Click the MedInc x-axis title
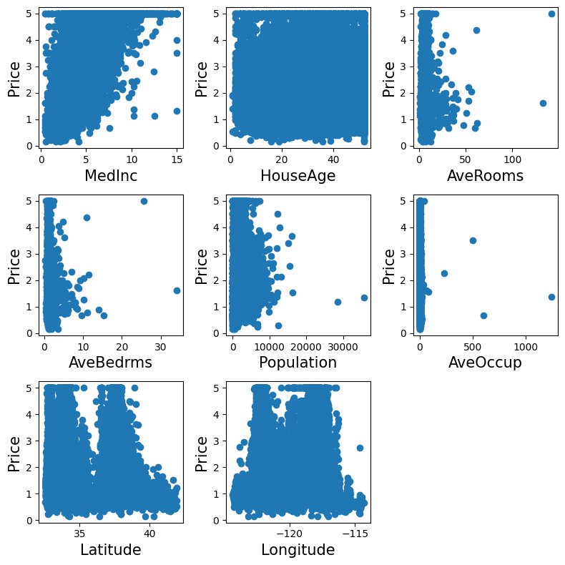(x=111, y=176)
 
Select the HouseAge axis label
(x=298, y=176)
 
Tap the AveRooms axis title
(x=485, y=176)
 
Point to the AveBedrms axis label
(x=111, y=363)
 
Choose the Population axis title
(x=298, y=363)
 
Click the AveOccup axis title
(x=485, y=363)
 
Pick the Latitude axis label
(x=111, y=550)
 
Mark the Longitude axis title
(x=298, y=550)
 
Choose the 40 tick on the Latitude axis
(x=149, y=534)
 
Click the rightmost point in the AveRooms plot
(x=551, y=14)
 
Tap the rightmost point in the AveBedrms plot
(x=177, y=290)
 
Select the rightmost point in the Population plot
(x=364, y=298)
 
